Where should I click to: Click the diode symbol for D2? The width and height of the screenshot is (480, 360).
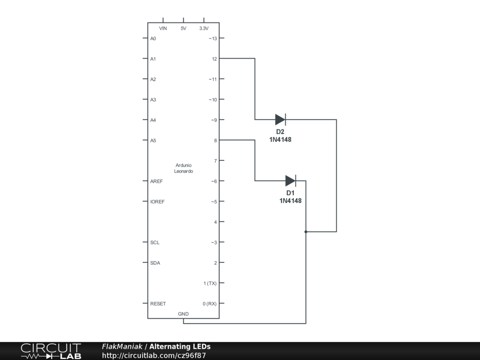[280, 120]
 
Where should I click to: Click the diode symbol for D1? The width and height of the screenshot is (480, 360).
[291, 180]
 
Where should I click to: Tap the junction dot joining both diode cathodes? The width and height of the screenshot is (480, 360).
[306, 232]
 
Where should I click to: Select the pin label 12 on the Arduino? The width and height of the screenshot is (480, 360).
[214, 59]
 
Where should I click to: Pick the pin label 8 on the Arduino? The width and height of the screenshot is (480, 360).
[215, 140]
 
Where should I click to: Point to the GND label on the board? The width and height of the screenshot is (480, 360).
[183, 314]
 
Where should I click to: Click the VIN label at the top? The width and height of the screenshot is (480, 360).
[163, 29]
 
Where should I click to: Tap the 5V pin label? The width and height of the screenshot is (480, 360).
[183, 29]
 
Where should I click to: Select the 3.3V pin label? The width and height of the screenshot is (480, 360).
[204, 29]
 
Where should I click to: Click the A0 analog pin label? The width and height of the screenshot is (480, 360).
[153, 38]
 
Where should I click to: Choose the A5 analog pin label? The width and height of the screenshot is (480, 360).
[153, 140]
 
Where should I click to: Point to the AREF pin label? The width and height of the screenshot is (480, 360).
[156, 181]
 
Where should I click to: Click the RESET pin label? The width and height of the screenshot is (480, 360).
[158, 304]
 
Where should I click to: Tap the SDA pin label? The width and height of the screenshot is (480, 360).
[155, 263]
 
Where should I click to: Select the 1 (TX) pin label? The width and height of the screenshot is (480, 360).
[210, 283]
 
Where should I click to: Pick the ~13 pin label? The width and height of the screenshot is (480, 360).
[213, 38]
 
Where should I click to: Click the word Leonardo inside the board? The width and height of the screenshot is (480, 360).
[183, 172]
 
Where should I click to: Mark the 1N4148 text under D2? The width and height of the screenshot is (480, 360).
[280, 139]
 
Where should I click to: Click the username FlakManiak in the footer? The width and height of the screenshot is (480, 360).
[122, 347]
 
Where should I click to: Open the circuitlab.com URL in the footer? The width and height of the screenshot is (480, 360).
[154, 355]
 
